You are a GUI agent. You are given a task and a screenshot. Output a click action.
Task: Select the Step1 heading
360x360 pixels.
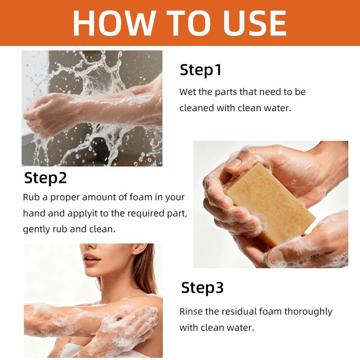click(x=201, y=70)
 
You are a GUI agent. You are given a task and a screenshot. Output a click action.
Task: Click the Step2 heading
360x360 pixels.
click(x=45, y=178)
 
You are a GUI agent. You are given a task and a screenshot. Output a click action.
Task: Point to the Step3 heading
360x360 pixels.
click(x=202, y=288)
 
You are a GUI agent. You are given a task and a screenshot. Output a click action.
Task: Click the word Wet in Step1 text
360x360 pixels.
click(x=188, y=92)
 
